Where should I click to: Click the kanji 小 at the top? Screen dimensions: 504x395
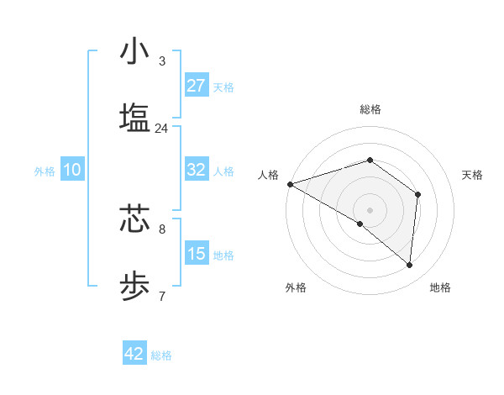click(134, 51)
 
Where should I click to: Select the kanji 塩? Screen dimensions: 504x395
click(134, 118)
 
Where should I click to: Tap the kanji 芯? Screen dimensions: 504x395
click(134, 219)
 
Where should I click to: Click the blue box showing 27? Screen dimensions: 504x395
click(197, 86)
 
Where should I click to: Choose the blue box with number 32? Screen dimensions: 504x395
click(197, 170)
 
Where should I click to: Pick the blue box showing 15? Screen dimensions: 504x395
click(197, 254)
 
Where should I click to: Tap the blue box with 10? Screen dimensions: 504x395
click(72, 170)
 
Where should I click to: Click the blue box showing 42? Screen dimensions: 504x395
click(134, 354)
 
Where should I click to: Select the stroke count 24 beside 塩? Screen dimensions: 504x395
click(161, 129)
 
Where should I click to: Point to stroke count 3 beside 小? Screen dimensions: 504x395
click(161, 61)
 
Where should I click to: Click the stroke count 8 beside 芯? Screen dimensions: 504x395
click(161, 229)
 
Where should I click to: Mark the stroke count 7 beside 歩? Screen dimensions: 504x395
click(161, 296)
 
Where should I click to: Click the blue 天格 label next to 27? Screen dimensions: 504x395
click(223, 87)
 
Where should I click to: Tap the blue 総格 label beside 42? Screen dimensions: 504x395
click(161, 355)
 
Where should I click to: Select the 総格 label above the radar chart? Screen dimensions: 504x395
click(370, 109)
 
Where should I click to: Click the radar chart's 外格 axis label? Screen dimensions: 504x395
click(296, 287)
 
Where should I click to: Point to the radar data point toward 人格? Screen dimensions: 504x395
click(290, 184)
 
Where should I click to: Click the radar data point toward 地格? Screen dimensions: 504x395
click(410, 265)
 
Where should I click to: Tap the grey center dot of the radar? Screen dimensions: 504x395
click(370, 209)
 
